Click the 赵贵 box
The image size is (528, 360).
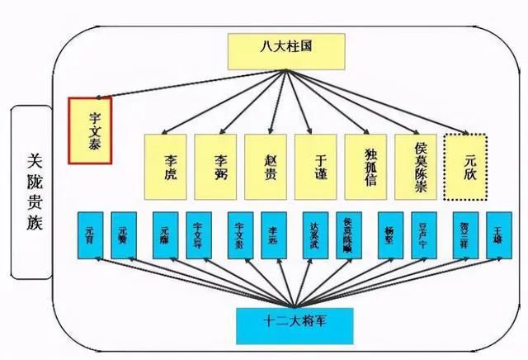(270, 165)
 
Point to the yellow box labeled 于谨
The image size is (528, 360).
(320, 165)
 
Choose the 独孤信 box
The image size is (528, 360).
(370, 165)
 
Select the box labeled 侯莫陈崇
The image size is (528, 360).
(420, 165)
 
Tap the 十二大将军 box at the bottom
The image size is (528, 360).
(295, 324)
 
